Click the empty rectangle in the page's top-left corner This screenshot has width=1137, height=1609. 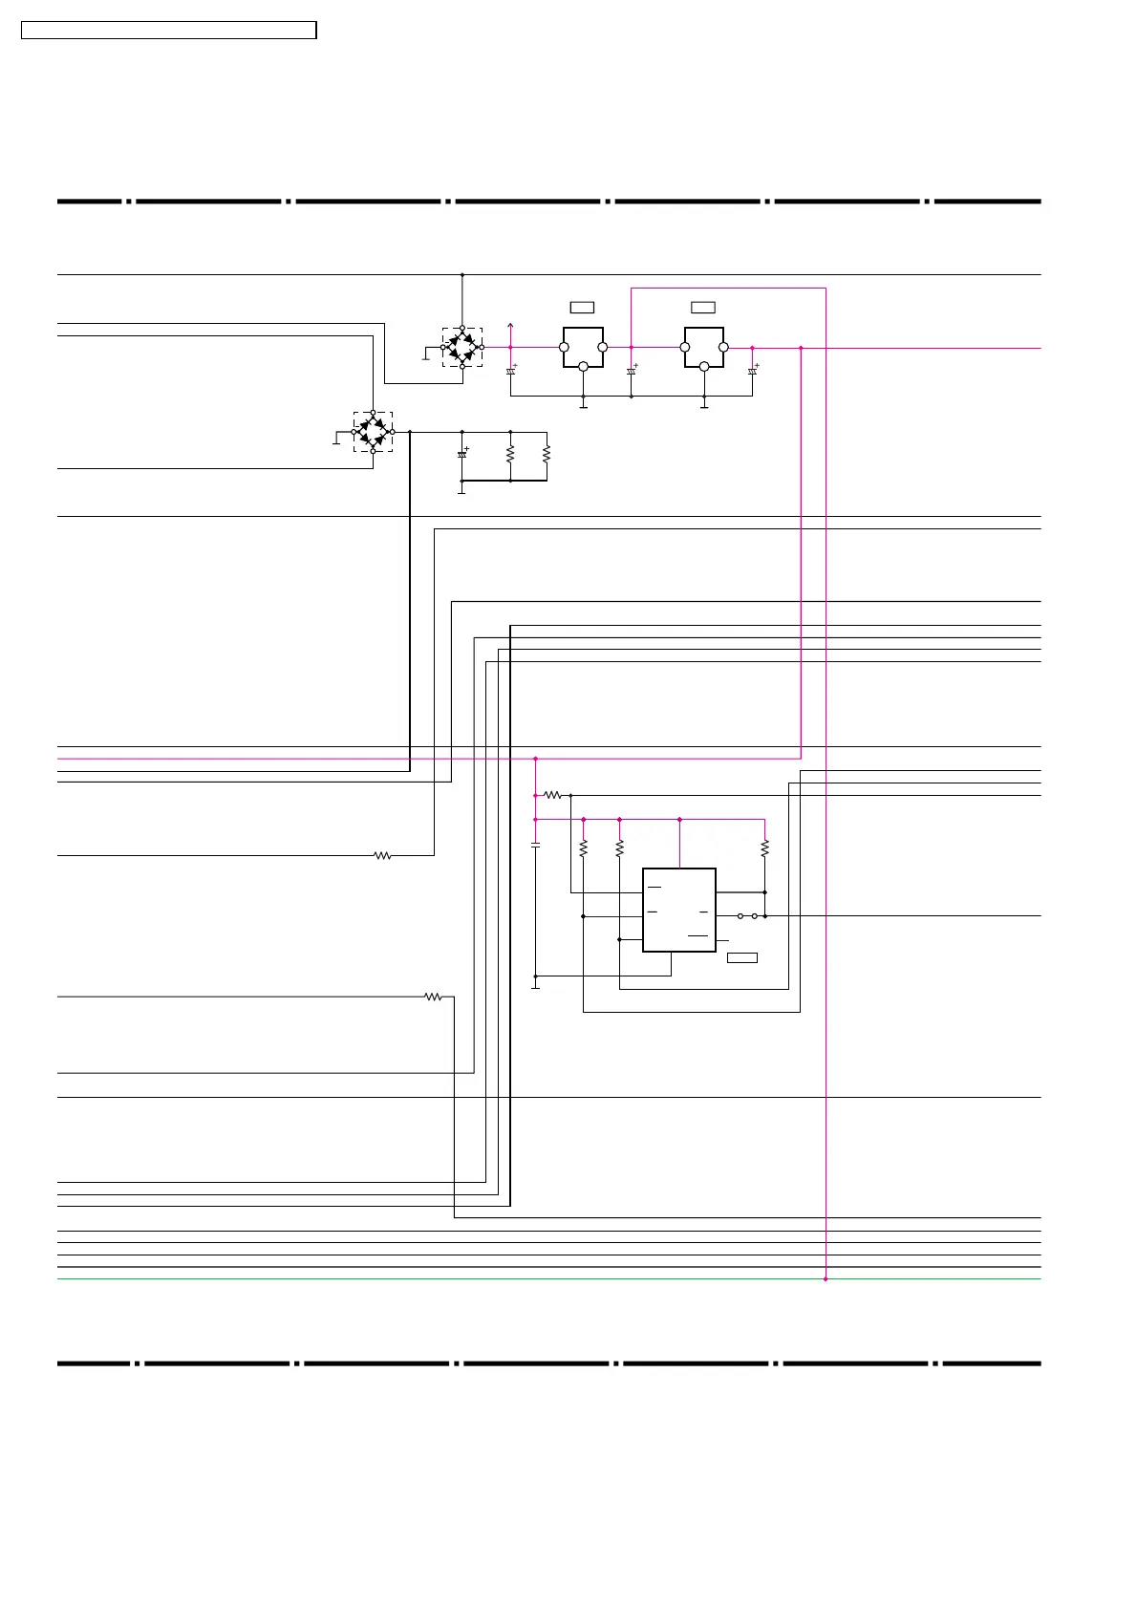coord(168,31)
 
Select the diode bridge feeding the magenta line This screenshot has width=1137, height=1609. coord(462,347)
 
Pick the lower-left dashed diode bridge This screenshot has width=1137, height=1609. coord(373,432)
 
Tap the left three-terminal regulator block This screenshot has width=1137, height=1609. coord(583,347)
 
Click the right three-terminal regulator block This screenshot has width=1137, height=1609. coord(704,347)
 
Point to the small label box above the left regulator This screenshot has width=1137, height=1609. coord(582,307)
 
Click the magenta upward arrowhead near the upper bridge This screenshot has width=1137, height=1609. coord(510,326)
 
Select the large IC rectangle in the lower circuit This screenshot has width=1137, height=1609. coord(679,910)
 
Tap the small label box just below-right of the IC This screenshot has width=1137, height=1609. coord(742,957)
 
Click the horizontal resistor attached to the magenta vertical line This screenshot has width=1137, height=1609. coord(553,795)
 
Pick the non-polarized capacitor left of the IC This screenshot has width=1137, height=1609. coord(535,846)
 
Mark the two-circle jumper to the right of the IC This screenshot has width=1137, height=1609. coord(747,916)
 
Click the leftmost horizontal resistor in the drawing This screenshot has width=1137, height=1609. coord(382,855)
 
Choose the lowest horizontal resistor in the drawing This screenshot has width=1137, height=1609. coord(433,997)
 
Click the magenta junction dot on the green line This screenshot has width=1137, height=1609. coord(826,1278)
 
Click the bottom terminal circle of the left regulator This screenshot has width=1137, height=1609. coord(583,366)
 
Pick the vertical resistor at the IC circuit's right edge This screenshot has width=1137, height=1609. coord(765,847)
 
